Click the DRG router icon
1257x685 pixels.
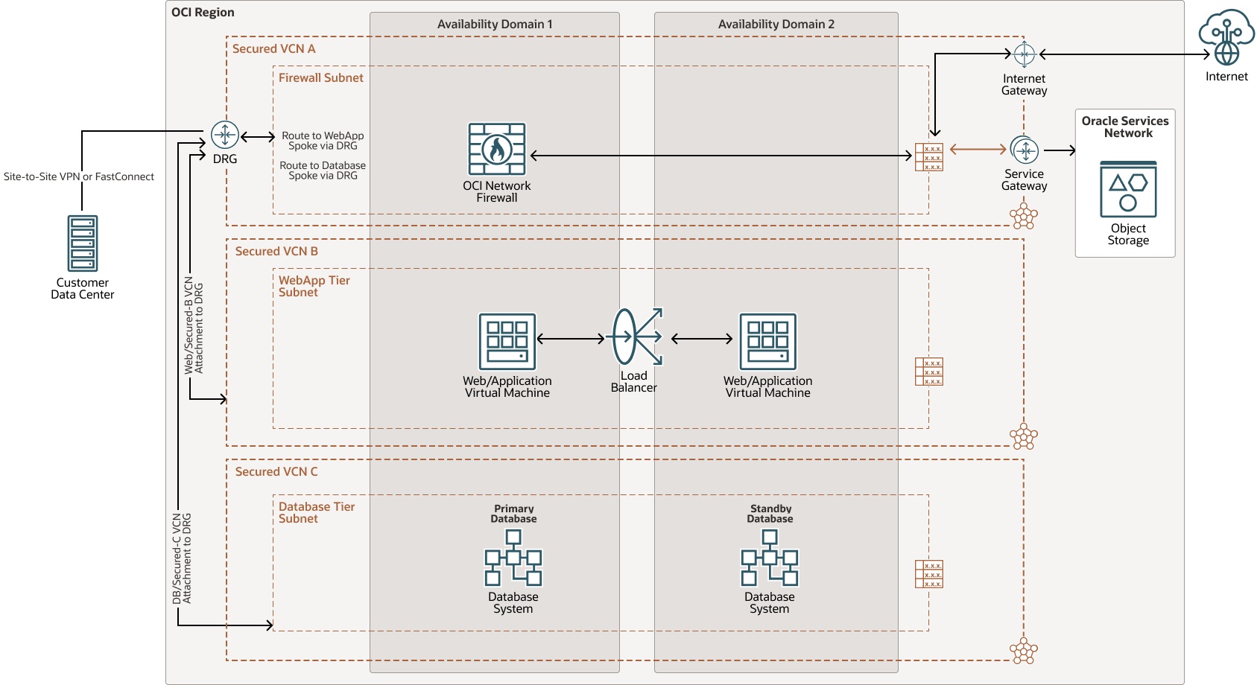click(224, 135)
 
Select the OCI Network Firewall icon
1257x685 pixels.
click(497, 149)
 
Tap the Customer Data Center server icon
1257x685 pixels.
click(82, 243)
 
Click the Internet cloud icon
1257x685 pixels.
click(1226, 37)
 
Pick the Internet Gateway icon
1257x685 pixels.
click(1024, 54)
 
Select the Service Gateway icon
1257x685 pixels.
click(1025, 150)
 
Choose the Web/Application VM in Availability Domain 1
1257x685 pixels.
click(507, 342)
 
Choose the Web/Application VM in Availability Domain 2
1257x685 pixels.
click(768, 342)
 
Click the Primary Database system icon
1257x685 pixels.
click(513, 558)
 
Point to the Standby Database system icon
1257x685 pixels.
click(770, 558)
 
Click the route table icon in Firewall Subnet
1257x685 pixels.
click(929, 157)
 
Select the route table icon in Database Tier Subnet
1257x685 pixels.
click(929, 574)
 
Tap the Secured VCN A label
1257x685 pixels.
click(273, 49)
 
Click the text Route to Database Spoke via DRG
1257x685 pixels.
click(323, 171)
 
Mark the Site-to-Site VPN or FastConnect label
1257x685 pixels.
click(79, 177)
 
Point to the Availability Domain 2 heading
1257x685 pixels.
click(776, 25)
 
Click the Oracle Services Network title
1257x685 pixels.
click(1125, 127)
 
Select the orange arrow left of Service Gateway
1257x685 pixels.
click(978, 150)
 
